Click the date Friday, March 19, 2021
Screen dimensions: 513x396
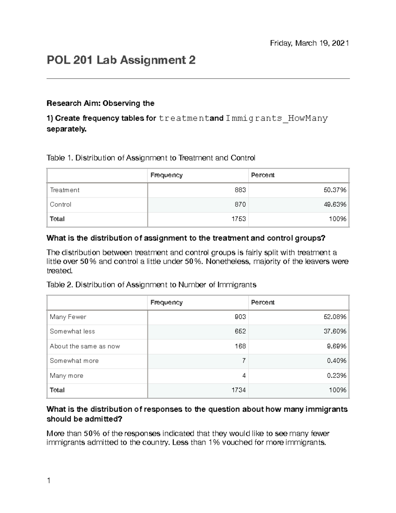(309, 43)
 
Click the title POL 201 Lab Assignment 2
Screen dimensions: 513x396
(121, 60)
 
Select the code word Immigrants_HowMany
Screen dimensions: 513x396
(277, 118)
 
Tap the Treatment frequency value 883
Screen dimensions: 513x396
(240, 190)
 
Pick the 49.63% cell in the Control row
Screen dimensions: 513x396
(335, 204)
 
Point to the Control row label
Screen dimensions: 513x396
(60, 204)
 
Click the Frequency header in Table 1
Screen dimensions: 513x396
(166, 175)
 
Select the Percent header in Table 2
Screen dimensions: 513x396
(263, 302)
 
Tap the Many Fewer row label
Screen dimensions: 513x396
(68, 317)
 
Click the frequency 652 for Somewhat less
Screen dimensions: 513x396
(240, 331)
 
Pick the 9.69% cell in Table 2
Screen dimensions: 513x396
(337, 346)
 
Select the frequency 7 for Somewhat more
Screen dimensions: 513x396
(244, 361)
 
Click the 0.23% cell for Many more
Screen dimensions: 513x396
(337, 376)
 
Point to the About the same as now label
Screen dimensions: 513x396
(84, 346)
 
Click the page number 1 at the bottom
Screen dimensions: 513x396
(49, 481)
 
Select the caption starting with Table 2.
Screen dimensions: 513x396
(151, 285)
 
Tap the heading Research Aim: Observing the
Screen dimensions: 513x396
(100, 103)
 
